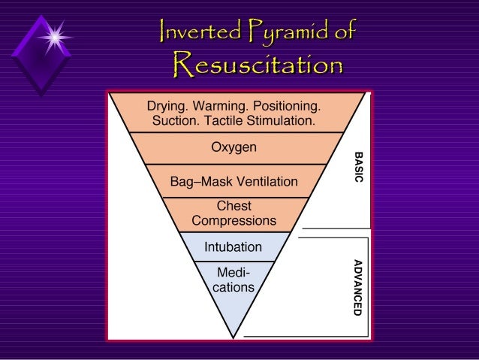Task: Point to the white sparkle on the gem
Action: tap(54, 35)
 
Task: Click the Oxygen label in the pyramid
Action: tap(233, 147)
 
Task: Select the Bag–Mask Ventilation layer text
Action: tap(233, 182)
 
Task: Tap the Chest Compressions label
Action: tap(233, 213)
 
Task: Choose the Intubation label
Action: tap(233, 247)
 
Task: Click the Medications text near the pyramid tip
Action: tap(234, 280)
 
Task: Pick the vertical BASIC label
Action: tap(358, 171)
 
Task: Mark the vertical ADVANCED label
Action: tap(358, 286)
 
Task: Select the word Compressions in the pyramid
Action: tap(233, 221)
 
